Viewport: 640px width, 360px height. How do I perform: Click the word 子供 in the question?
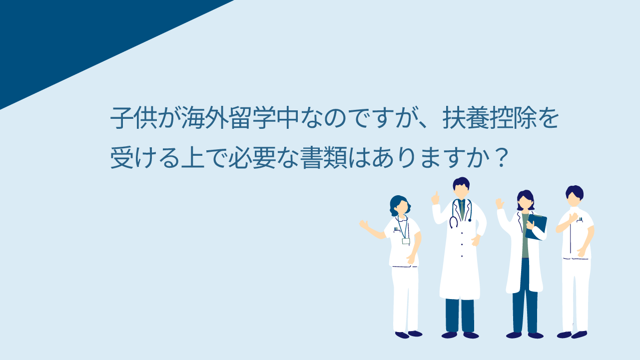134,118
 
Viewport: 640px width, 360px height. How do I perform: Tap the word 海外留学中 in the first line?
240,118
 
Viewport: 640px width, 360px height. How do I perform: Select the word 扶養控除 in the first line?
490,118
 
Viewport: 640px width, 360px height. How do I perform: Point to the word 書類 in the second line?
324,157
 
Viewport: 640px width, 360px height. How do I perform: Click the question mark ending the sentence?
500,157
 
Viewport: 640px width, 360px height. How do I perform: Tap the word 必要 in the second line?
252,157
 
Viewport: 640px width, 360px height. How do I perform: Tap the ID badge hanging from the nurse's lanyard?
406,241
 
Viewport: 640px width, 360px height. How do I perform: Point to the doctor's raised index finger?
436,195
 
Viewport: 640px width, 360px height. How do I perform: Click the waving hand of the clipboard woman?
500,204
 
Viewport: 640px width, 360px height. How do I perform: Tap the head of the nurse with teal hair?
400,206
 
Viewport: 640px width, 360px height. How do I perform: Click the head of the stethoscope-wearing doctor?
461,188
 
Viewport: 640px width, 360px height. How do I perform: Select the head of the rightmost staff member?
574,196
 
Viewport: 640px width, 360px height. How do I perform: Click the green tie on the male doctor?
462,210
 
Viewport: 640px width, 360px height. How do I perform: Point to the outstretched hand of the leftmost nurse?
364,224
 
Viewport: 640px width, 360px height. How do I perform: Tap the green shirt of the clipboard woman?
525,236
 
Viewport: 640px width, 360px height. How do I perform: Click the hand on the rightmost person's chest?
573,218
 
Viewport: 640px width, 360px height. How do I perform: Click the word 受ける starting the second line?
146,157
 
